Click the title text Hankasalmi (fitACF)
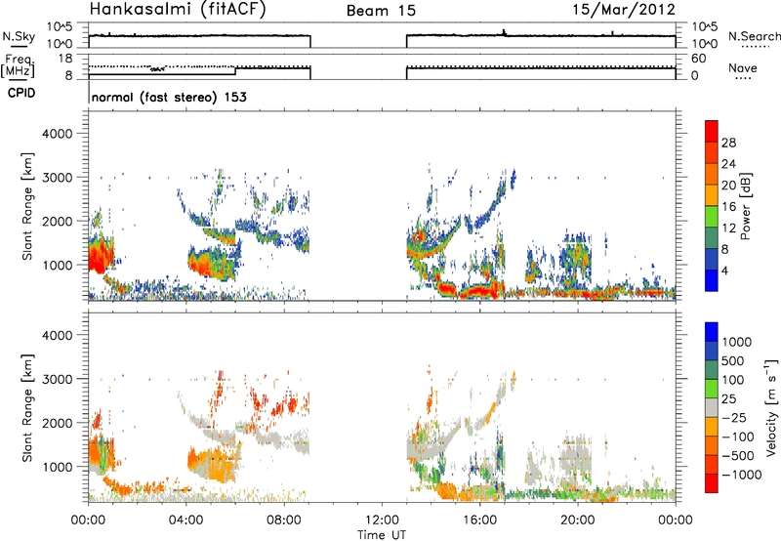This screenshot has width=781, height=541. coord(178,9)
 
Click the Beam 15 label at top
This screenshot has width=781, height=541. coord(381,11)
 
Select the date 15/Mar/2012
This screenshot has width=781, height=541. coord(624,9)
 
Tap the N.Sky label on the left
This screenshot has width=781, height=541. coord(19,36)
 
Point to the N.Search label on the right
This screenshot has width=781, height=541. coord(755,36)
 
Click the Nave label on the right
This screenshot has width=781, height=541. coord(743,67)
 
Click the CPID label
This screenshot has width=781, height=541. coord(21,93)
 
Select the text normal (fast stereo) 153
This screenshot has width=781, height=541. coord(169,97)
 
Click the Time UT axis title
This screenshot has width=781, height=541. coord(382,535)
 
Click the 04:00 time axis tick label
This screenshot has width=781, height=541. coord(186,520)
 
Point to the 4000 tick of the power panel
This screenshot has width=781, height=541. coord(58,134)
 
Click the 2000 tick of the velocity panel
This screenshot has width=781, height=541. coord(58,423)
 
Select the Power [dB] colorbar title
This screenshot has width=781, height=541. coord(746,206)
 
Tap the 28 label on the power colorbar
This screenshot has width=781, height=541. coord(728,143)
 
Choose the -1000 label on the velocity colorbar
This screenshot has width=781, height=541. coord(741,475)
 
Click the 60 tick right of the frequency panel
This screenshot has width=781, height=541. coord(698,59)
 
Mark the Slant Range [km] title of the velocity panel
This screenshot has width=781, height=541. coord(27,408)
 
